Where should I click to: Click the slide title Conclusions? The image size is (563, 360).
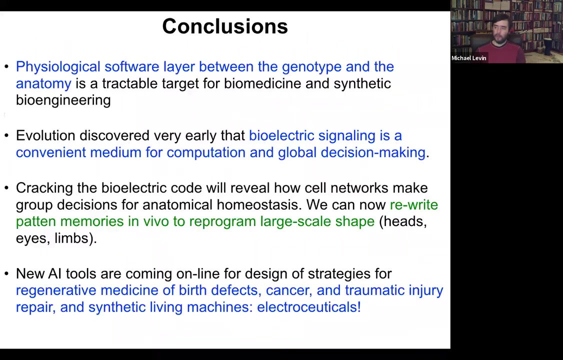pos(225,26)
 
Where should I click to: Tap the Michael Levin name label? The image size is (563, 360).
pos(468,58)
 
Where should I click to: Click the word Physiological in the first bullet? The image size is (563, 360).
pos(58,67)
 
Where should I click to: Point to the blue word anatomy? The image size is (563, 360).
pos(43,84)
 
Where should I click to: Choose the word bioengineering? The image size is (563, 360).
pos(63,100)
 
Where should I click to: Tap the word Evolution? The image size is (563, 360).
pos(45,135)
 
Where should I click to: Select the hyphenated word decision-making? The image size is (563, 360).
pos(373,152)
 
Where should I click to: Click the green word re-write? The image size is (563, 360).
pos(414,204)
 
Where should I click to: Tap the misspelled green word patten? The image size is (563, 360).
pos(35,221)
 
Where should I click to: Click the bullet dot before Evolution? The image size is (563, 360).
pos(6,136)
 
